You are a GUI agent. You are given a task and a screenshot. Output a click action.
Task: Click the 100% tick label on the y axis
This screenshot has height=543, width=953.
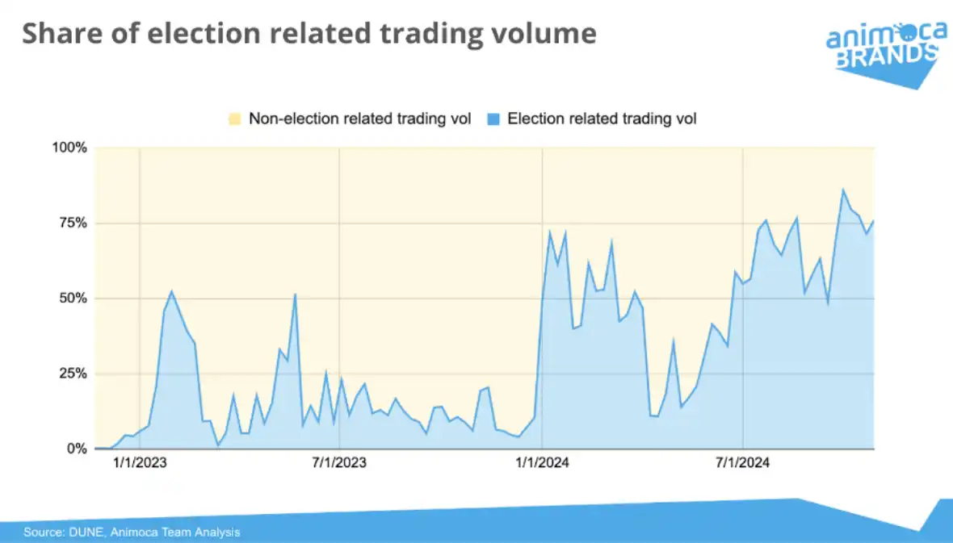69,148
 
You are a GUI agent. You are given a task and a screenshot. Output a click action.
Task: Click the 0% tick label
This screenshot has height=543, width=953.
76,449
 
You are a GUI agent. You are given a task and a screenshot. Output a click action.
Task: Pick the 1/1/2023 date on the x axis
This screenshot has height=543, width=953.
140,463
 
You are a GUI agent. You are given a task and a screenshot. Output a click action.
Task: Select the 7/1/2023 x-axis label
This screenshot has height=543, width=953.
339,463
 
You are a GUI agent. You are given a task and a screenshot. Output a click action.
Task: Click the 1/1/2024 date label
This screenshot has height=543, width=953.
543,463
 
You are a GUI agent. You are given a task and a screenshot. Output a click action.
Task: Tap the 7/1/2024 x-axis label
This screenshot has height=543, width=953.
742,463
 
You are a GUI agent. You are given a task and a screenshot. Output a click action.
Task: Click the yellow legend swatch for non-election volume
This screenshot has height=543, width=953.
235,119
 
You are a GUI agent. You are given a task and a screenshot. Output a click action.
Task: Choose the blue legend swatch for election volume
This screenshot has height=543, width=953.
493,119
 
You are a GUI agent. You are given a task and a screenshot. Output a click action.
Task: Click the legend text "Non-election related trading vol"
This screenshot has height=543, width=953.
359,119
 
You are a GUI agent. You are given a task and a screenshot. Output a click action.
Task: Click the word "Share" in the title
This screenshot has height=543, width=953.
61,34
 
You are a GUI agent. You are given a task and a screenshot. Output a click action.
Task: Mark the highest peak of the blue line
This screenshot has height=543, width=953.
843,190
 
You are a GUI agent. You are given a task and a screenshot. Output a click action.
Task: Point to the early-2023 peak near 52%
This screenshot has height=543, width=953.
171,290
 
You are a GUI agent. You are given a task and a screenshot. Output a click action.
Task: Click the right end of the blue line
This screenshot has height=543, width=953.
874,220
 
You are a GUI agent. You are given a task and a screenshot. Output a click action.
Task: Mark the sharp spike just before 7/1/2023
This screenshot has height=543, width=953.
296,294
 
